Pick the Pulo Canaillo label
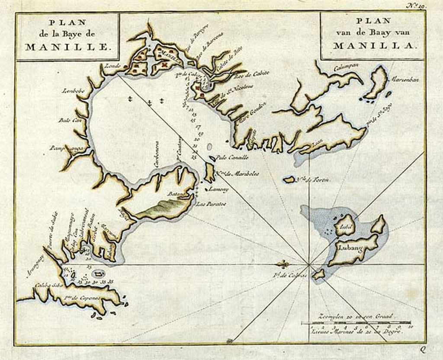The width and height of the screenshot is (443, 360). [231, 158]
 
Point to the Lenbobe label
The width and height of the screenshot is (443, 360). [72, 91]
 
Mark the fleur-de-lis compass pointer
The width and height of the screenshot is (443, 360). [282, 264]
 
